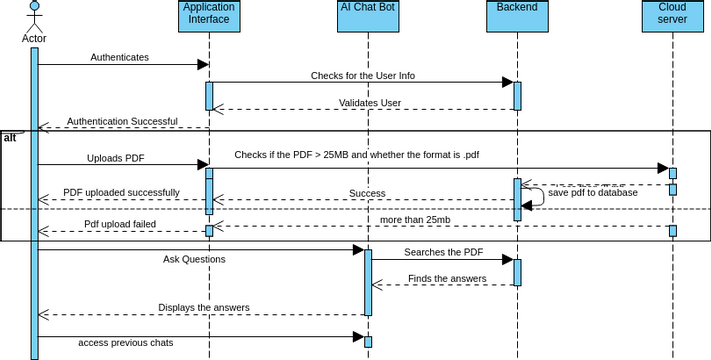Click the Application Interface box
pos(209,13)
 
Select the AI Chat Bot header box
pos(367,13)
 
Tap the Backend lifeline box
pos(517,13)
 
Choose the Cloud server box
pos(672,13)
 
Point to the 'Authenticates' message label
pos(119,57)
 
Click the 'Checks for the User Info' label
pos(362,75)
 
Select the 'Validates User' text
pos(369,102)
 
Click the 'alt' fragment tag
pos(10,137)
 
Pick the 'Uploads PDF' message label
pos(115,158)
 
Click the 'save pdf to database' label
pos(592,192)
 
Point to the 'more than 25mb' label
pos(415,219)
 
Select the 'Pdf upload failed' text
pos(119,224)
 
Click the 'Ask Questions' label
pos(194,259)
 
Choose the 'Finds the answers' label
pos(447,278)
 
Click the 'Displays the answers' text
pos(204,307)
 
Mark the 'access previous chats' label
pos(126,343)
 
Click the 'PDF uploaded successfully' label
pos(121,192)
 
